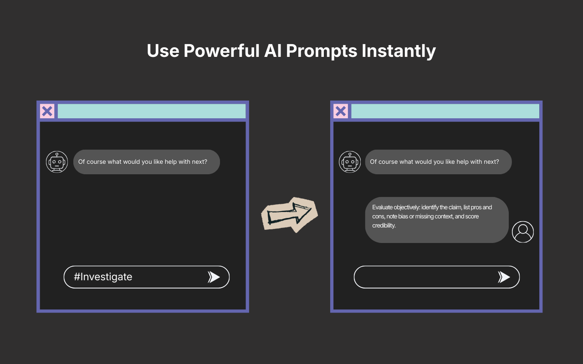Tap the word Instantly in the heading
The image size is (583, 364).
point(399,51)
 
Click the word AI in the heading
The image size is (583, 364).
point(273,51)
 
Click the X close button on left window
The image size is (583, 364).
point(47,111)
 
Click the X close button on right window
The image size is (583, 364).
point(341,111)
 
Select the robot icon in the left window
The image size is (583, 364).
point(57,162)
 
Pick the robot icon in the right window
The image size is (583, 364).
point(350,162)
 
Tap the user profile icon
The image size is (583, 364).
point(523,232)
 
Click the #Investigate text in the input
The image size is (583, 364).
point(103,277)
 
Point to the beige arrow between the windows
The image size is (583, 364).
point(289,214)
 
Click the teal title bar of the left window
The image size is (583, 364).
point(151,111)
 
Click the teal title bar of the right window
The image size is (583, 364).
point(445,111)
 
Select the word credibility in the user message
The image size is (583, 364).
point(384,226)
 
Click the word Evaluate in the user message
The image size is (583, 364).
point(384,207)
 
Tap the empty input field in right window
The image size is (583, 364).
point(424,277)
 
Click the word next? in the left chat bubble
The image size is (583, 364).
point(199,162)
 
